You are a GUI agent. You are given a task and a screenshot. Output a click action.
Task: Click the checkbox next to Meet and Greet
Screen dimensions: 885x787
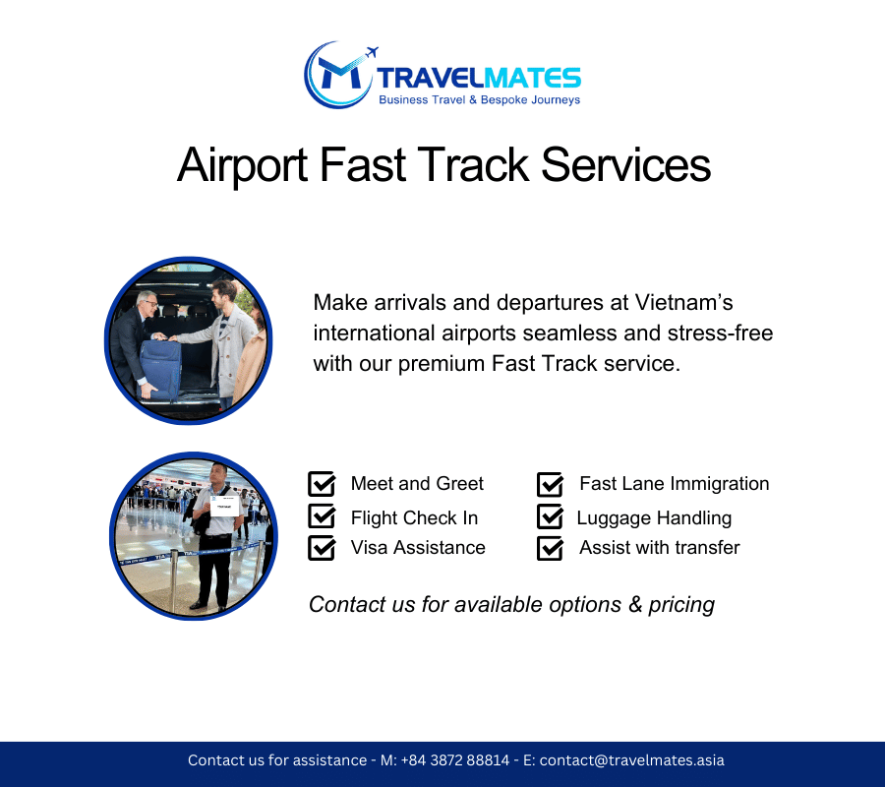click(322, 484)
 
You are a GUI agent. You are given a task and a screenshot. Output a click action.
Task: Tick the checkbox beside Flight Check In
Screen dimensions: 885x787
click(322, 516)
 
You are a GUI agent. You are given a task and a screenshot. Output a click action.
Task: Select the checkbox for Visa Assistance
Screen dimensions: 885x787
click(322, 548)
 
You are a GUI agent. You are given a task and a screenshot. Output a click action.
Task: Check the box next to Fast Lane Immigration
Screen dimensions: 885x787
click(551, 484)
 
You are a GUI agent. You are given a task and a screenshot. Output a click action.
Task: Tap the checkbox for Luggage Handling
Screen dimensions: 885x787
click(551, 516)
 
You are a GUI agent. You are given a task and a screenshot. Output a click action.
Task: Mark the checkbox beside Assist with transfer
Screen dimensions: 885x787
click(551, 548)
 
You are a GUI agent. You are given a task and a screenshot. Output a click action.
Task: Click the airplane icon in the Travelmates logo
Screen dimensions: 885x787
click(372, 52)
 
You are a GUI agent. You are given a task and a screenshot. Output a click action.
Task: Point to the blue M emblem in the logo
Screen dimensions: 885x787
click(338, 74)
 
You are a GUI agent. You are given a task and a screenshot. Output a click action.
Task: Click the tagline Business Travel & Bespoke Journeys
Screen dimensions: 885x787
click(479, 100)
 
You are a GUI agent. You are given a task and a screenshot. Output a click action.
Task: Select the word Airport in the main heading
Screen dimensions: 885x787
click(242, 165)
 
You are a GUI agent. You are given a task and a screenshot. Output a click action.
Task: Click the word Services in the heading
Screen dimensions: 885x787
click(626, 165)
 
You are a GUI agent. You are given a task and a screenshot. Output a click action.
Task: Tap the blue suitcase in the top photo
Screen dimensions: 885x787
click(159, 368)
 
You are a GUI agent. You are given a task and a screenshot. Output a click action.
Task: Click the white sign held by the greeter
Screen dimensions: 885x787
click(224, 506)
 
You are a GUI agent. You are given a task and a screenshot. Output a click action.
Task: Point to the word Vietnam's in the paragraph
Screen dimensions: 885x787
click(683, 303)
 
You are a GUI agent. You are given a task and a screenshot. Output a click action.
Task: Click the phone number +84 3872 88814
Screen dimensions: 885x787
click(455, 760)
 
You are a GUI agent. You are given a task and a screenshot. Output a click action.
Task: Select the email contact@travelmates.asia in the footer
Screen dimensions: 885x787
click(631, 760)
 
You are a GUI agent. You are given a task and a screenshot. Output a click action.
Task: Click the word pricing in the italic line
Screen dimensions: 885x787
click(681, 605)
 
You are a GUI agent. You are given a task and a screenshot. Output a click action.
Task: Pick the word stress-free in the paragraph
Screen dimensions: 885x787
click(720, 333)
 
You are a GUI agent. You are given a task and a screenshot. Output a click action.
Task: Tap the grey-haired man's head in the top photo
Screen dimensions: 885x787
click(147, 304)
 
